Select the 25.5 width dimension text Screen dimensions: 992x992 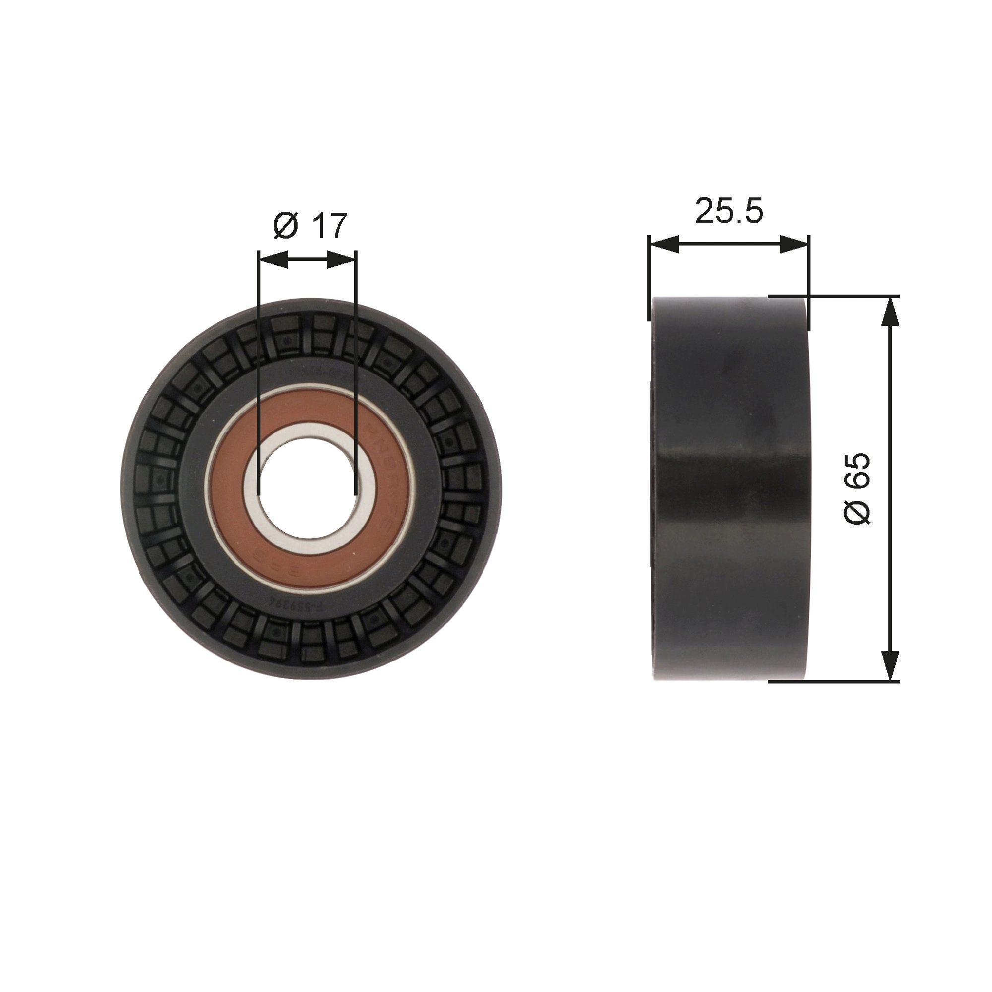[729, 210]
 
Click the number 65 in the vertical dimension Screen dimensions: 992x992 [857, 470]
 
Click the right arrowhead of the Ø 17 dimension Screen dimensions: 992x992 [341, 260]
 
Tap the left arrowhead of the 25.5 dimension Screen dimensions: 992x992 [663, 245]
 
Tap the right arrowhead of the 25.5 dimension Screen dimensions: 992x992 [795, 245]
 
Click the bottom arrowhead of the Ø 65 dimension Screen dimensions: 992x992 [890, 666]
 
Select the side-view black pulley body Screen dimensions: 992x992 [729, 488]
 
